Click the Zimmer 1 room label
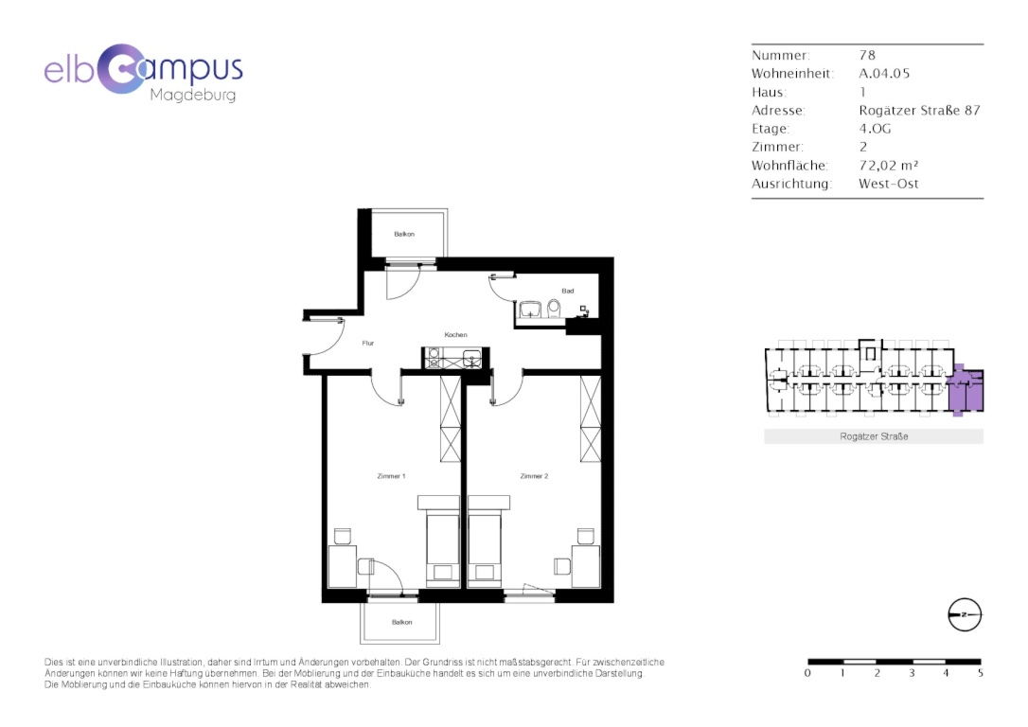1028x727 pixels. coord(391,476)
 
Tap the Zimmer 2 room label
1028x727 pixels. coord(534,476)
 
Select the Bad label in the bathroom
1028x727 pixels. coord(568,291)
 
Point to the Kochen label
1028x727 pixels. coord(455,335)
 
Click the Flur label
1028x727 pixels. coord(368,343)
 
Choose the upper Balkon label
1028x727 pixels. coord(404,234)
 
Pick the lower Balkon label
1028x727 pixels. coord(402,622)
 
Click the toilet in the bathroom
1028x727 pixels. coord(554,309)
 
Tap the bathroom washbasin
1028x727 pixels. coord(530,310)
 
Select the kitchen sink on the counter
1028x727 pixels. coord(472,359)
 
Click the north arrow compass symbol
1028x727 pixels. coord(966,615)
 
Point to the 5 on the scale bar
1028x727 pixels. coord(980,673)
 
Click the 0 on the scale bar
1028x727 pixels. coord(807,673)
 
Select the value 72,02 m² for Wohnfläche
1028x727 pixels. coord(888,166)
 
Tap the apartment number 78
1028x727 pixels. coord(867,55)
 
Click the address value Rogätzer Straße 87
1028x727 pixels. coord(920,110)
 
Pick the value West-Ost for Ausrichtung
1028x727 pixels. coord(888,184)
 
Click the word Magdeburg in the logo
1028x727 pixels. coord(193,95)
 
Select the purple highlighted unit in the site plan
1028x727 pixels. coord(966,390)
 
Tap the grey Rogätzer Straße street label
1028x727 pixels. coord(874,436)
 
